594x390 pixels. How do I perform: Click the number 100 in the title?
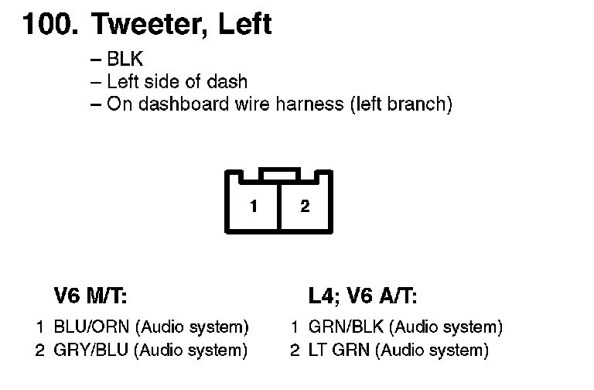47,25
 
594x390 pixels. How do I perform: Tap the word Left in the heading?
244,25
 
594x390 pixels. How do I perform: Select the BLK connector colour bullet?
125,60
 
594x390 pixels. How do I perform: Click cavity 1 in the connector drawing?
253,207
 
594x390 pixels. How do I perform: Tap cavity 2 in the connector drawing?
305,207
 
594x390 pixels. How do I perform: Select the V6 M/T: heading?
90,296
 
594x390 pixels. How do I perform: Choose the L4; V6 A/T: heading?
362,296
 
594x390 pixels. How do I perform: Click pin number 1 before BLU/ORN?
40,327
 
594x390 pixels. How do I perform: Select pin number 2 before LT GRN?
295,350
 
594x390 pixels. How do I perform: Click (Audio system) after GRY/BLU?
191,350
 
